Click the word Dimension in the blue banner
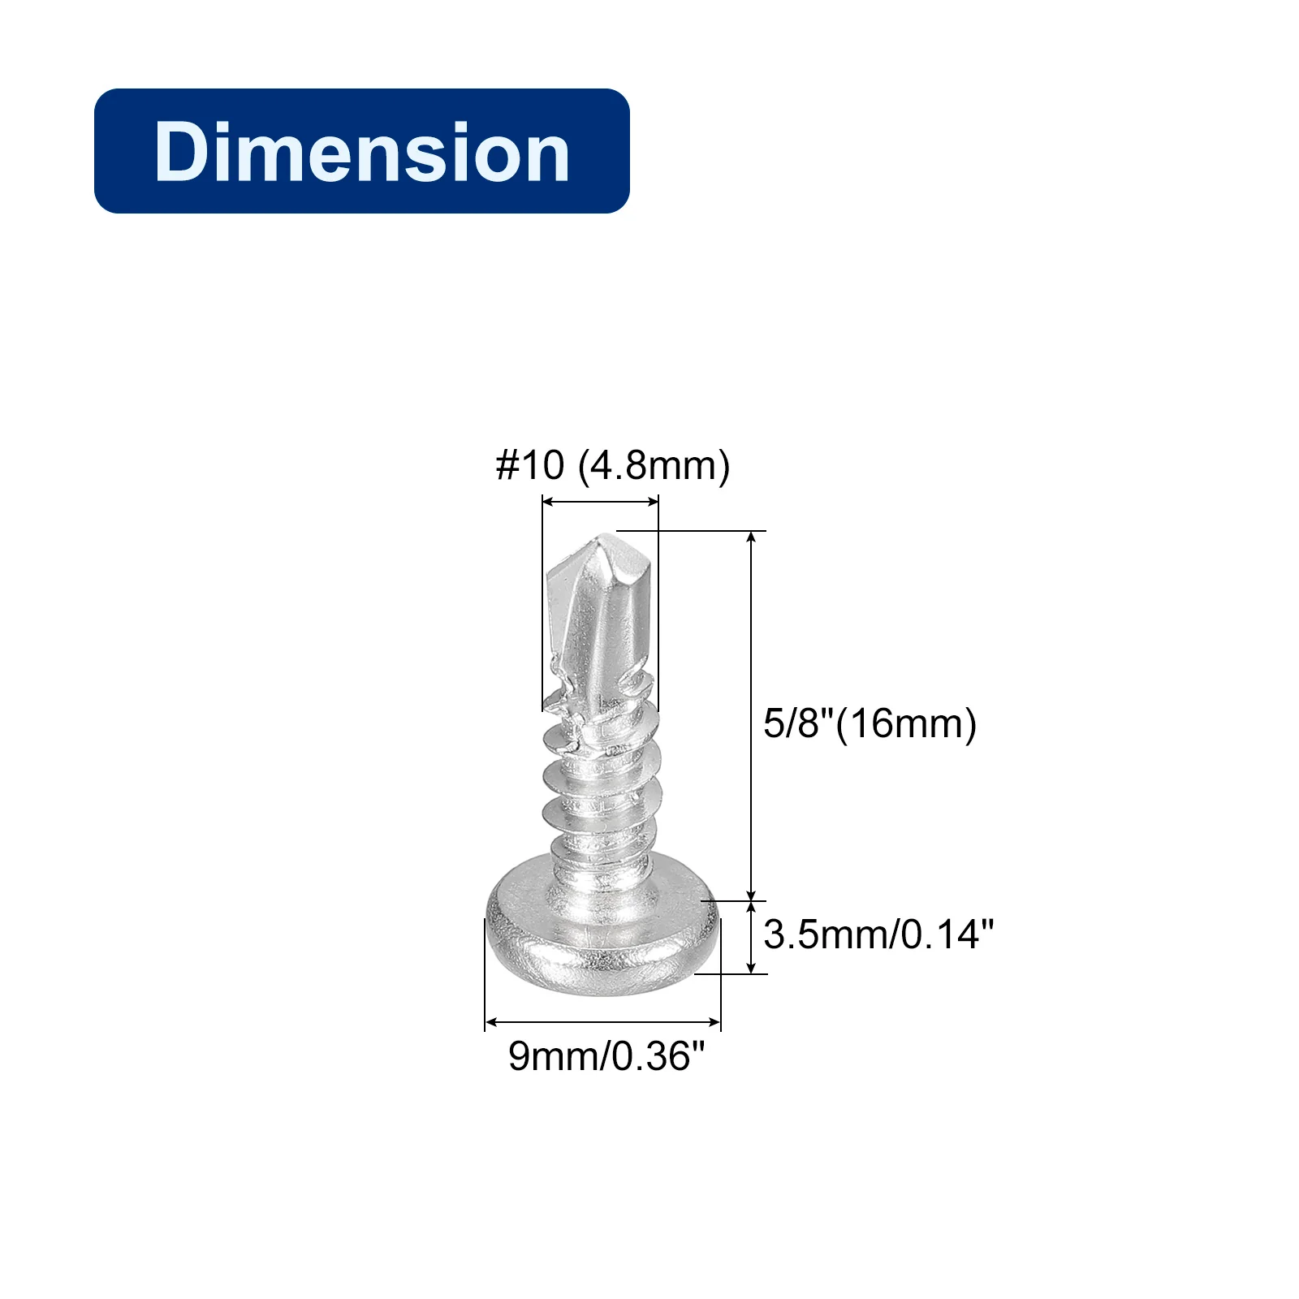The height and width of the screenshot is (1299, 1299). click(x=362, y=152)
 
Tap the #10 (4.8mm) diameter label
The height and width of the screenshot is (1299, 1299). click(x=613, y=466)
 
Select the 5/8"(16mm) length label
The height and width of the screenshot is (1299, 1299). click(x=870, y=723)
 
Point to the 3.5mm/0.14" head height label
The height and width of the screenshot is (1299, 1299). click(x=878, y=934)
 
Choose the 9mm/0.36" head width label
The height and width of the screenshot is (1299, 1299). click(x=606, y=1055)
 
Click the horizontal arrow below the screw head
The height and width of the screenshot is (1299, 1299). click(x=602, y=1022)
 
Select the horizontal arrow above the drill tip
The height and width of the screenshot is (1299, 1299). click(x=600, y=503)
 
